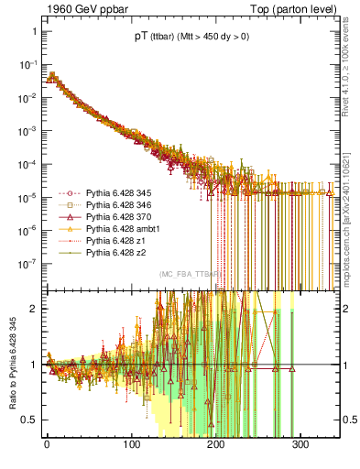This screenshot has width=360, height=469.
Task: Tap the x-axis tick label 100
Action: coord(132,455)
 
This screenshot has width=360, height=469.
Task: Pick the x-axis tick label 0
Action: coord(47,455)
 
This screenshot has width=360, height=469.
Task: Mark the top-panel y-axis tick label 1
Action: coord(33,32)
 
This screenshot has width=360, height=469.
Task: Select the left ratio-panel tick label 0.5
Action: coord(27,420)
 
